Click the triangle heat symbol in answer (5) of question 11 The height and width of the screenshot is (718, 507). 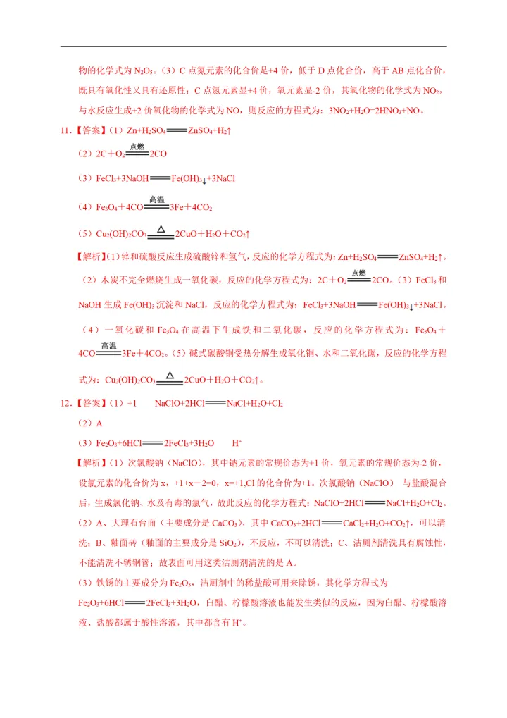tap(161, 229)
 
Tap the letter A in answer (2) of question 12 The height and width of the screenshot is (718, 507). tap(99, 423)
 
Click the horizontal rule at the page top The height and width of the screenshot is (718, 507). tap(254, 47)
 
